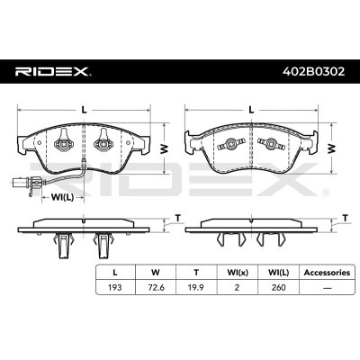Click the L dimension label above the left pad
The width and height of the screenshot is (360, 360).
coord(84,110)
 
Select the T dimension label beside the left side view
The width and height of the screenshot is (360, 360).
coord(178,218)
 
